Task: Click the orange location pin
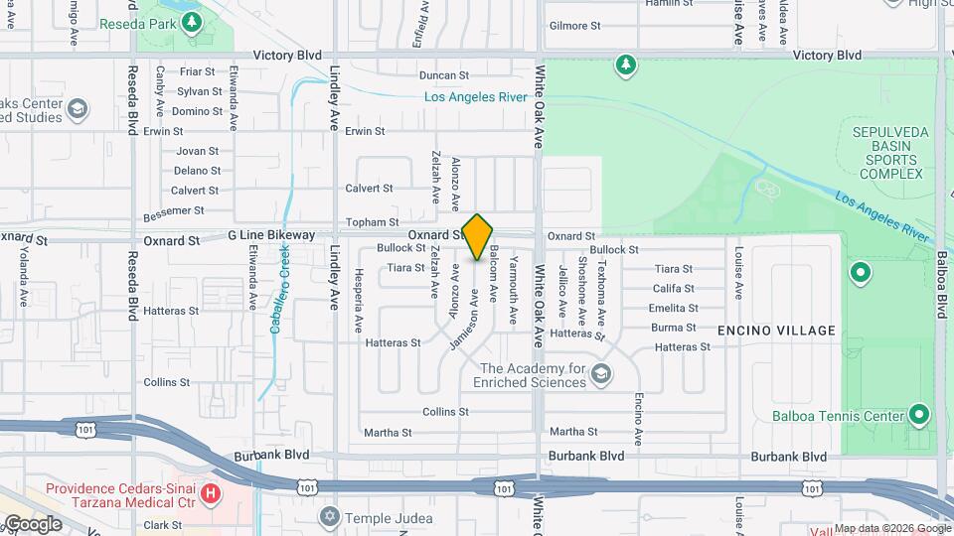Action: (x=478, y=236)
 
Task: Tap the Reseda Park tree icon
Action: (x=192, y=20)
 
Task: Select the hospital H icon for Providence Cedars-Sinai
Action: (x=210, y=493)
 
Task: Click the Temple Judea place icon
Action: (x=330, y=517)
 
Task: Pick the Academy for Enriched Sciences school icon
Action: (x=600, y=374)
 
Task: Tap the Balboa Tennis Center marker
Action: (x=920, y=414)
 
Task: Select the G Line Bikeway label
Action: (x=271, y=235)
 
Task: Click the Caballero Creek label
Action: (x=270, y=288)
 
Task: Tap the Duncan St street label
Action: (x=443, y=75)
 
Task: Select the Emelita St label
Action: (x=673, y=308)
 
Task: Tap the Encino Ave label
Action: (x=638, y=390)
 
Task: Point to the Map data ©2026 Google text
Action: (x=891, y=528)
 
